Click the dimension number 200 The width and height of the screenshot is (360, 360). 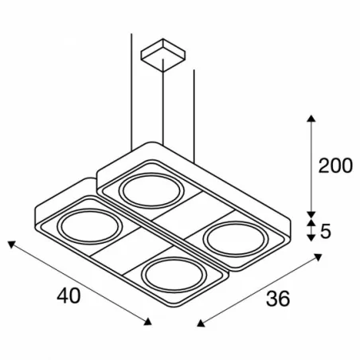(x=335, y=166)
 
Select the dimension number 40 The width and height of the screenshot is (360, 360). (x=68, y=295)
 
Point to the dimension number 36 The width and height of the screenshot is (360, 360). (x=277, y=299)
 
